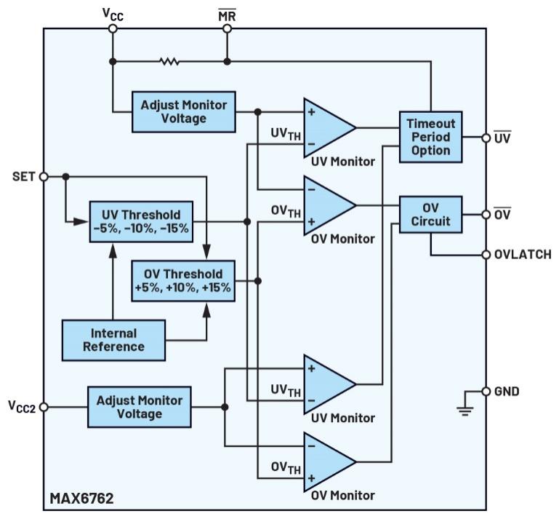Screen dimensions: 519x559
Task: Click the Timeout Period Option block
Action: tap(430, 137)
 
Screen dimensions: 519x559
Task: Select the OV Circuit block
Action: tap(430, 214)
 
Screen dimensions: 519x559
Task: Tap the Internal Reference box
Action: tap(113, 340)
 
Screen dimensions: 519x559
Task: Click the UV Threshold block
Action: tap(141, 221)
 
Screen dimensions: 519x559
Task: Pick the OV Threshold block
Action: tap(183, 280)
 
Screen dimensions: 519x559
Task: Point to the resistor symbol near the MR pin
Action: tap(169, 62)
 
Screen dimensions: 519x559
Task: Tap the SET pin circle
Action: tap(44, 176)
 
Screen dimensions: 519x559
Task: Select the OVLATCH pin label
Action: tap(522, 255)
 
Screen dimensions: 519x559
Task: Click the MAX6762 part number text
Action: tap(81, 499)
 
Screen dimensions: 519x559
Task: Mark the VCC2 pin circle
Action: tap(44, 407)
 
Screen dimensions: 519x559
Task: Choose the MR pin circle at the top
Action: tap(227, 28)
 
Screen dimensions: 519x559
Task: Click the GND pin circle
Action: tap(486, 392)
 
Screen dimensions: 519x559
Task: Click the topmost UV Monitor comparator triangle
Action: tap(327, 127)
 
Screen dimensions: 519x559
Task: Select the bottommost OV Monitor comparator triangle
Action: tap(327, 461)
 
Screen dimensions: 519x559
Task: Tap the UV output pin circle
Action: tap(486, 137)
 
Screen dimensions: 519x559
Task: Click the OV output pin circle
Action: tap(486, 214)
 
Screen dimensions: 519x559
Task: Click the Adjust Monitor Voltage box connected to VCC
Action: tap(184, 111)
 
